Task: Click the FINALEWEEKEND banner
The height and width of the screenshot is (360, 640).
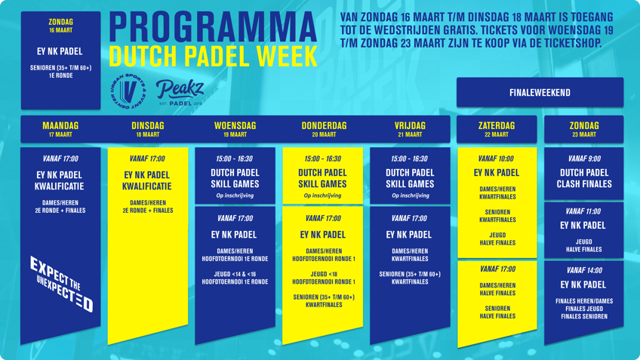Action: pyautogui.click(x=540, y=93)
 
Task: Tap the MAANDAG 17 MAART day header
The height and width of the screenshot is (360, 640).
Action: pyautogui.click(x=60, y=129)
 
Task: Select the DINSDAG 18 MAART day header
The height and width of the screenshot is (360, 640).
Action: pyautogui.click(x=148, y=129)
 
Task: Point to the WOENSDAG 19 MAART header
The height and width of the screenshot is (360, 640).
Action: pyautogui.click(x=235, y=129)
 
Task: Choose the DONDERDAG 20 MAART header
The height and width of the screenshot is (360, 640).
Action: pyautogui.click(x=324, y=129)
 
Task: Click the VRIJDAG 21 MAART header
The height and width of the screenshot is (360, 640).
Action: pyautogui.click(x=410, y=129)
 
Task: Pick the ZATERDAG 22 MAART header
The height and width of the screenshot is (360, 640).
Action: pyautogui.click(x=497, y=129)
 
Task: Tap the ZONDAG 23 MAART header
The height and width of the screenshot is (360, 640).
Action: pyautogui.click(x=584, y=129)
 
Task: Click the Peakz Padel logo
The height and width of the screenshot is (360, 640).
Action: pyautogui.click(x=180, y=93)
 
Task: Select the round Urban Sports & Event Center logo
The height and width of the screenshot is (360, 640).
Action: pyautogui.click(x=128, y=91)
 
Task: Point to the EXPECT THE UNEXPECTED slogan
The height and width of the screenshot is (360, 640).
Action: pyautogui.click(x=62, y=284)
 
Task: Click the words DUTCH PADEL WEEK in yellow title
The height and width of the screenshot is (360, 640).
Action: pyautogui.click(x=213, y=56)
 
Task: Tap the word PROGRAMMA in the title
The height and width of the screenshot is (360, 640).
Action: pyautogui.click(x=213, y=26)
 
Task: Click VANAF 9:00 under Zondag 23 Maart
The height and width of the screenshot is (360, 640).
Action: pyautogui.click(x=584, y=158)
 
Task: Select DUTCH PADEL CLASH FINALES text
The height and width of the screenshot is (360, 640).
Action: pyautogui.click(x=584, y=178)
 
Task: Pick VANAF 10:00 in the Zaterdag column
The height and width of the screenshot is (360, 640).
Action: pyautogui.click(x=497, y=158)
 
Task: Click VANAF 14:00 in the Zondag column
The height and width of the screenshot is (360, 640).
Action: pyautogui.click(x=583, y=270)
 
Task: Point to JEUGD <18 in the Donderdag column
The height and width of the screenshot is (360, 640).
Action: pyautogui.click(x=324, y=274)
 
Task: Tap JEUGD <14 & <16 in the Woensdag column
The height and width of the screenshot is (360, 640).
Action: pyautogui.click(x=235, y=274)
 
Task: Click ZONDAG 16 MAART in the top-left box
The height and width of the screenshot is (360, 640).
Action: pyautogui.click(x=61, y=26)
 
